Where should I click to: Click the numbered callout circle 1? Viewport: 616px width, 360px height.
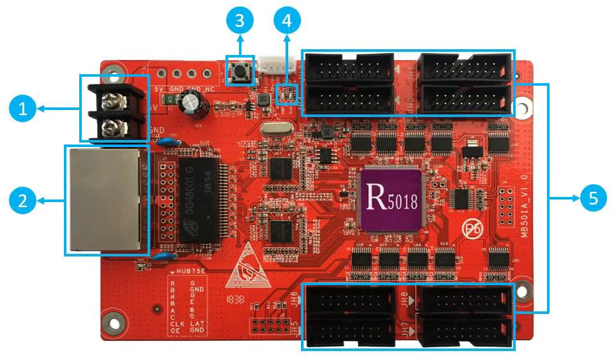tap(23, 110)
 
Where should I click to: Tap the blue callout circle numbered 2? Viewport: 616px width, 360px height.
tap(23, 201)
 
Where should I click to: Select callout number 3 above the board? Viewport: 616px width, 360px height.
tap(240, 20)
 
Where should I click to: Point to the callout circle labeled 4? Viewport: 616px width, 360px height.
tap(286, 20)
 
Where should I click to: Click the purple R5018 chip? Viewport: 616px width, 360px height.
tap(392, 199)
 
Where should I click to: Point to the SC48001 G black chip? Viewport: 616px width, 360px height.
tap(196, 200)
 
